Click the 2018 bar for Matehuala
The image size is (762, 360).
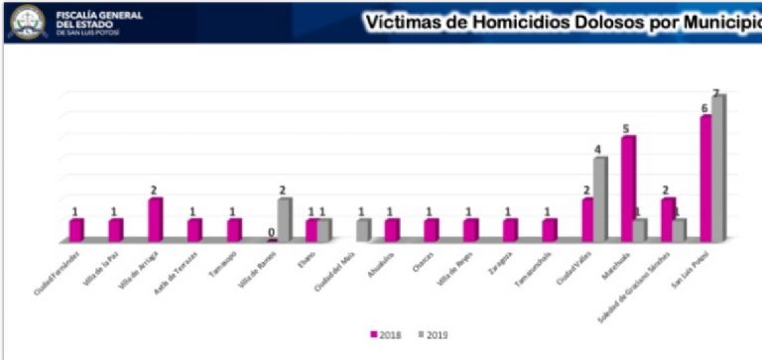point(627,188)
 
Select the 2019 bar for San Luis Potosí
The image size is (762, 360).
point(718,169)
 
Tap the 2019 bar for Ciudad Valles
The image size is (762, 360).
point(600,199)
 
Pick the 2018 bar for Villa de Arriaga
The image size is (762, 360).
point(155,219)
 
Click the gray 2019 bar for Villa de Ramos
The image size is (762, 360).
point(285,219)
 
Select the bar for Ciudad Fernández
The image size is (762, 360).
point(76,230)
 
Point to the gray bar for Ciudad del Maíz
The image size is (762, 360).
point(363,230)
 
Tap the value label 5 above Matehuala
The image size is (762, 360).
point(626,128)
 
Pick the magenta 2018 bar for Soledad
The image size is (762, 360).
point(668,219)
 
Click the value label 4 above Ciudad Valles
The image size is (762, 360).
point(598,150)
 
